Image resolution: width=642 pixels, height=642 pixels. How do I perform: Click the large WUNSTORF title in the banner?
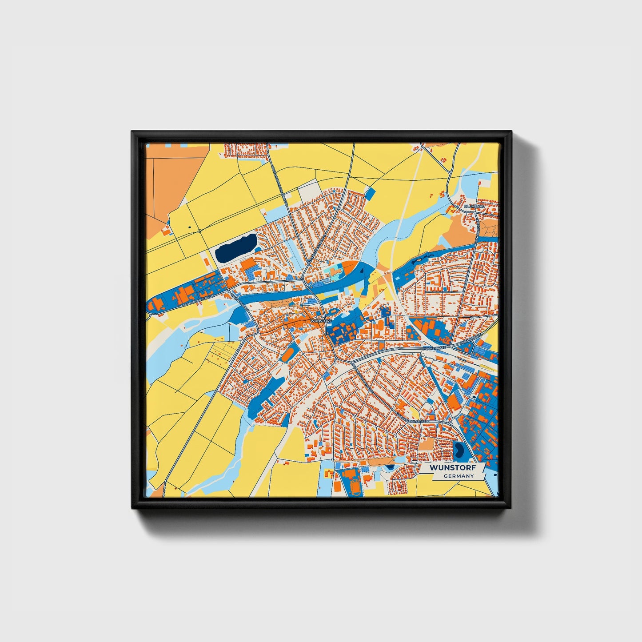tap(452, 468)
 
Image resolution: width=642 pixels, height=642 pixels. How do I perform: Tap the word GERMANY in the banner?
tap(459, 476)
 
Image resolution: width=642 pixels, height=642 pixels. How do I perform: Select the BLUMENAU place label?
tap(473, 207)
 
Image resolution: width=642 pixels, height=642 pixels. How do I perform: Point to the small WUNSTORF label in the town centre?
tap(322, 320)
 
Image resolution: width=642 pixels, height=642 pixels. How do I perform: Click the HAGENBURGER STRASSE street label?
tap(195, 301)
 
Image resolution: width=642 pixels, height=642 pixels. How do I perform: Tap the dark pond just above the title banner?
tap(459, 451)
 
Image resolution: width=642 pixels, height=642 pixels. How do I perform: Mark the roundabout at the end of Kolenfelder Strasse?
tap(451, 424)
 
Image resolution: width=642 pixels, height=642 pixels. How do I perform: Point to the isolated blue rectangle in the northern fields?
tap(370, 193)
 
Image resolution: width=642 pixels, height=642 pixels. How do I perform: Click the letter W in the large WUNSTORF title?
tap(433, 468)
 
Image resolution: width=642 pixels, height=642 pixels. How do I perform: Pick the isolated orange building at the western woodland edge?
tap(166, 231)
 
